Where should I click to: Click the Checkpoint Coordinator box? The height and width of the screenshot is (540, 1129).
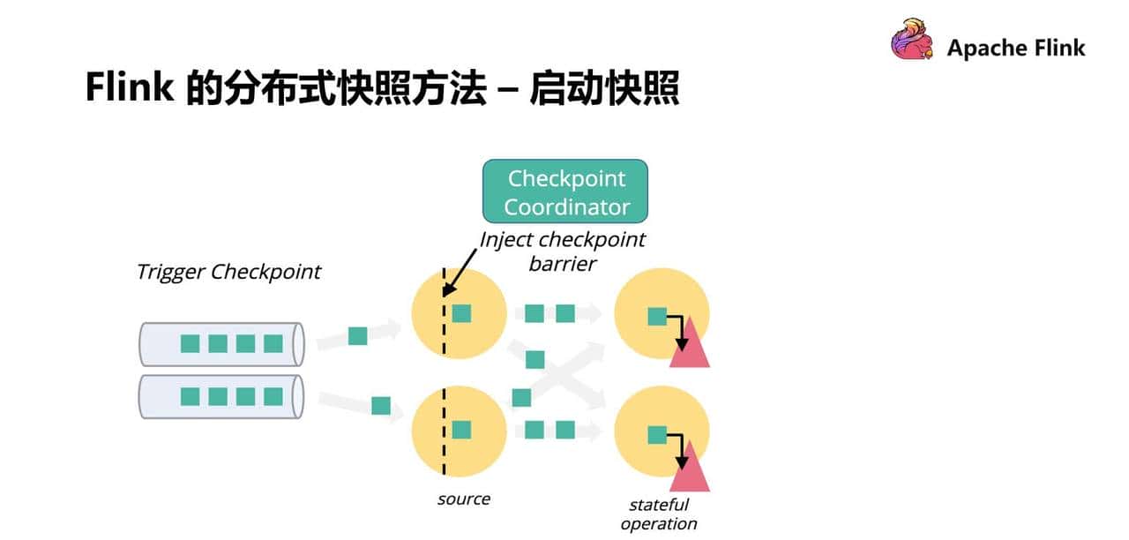click(564, 191)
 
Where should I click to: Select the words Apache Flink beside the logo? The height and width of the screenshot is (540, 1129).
click(1016, 48)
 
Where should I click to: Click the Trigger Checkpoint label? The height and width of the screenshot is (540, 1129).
click(228, 271)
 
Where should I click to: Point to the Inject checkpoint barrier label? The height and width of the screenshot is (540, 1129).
click(562, 251)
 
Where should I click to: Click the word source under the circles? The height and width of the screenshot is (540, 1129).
click(463, 499)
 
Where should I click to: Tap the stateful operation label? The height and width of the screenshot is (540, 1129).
click(658, 514)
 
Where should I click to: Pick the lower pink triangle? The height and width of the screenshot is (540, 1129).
click(690, 468)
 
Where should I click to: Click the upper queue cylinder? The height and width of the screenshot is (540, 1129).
click(221, 343)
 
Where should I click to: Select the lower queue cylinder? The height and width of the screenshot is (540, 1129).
click(221, 396)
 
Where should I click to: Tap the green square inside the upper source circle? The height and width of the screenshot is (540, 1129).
click(461, 313)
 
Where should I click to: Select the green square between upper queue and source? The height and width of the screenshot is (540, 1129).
click(357, 335)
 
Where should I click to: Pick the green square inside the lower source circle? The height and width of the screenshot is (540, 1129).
click(461, 430)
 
